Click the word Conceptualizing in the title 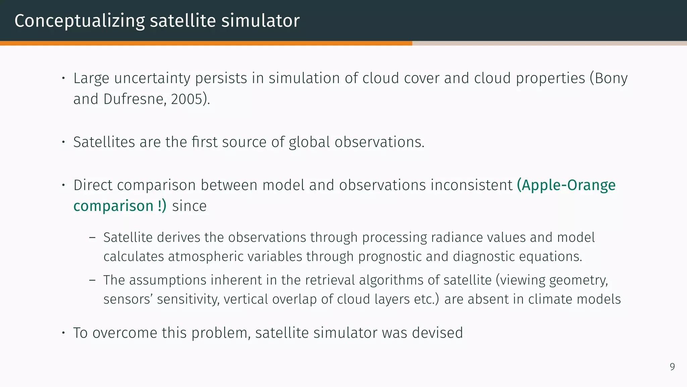pos(80,21)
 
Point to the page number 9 pos(672,367)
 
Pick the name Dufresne pos(133,99)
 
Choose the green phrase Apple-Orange pos(566,185)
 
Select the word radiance pos(457,238)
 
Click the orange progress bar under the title pos(206,43)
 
